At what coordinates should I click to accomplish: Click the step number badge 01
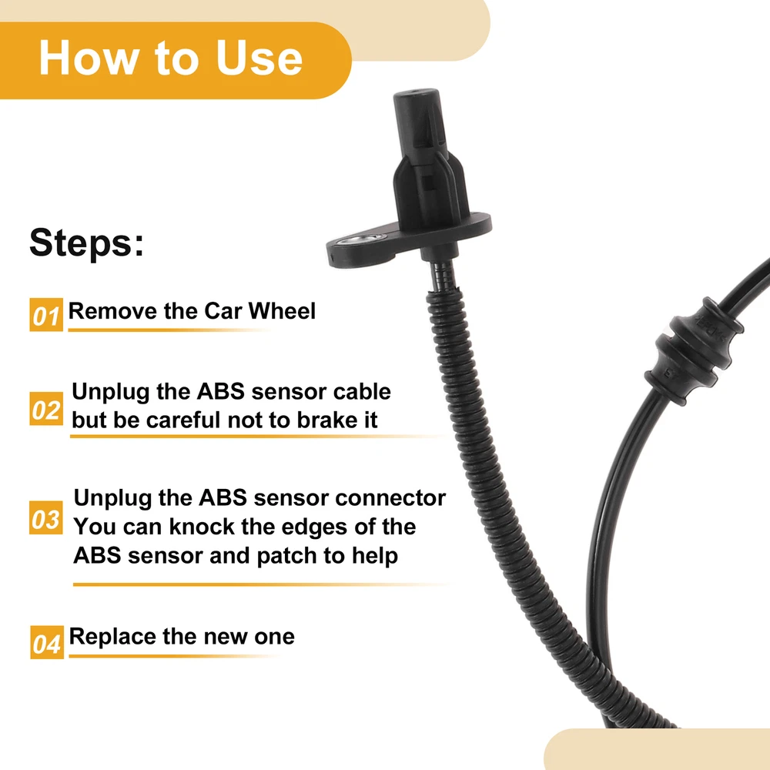click(x=46, y=315)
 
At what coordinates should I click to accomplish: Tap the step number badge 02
click(x=46, y=409)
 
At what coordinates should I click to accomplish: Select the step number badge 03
click(x=46, y=517)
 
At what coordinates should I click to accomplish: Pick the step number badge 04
click(x=47, y=642)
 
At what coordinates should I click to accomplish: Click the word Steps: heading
click(x=87, y=242)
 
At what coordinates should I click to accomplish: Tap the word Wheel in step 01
click(x=282, y=311)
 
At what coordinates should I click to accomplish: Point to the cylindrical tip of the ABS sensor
click(x=416, y=118)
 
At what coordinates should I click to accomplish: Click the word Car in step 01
click(x=223, y=311)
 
